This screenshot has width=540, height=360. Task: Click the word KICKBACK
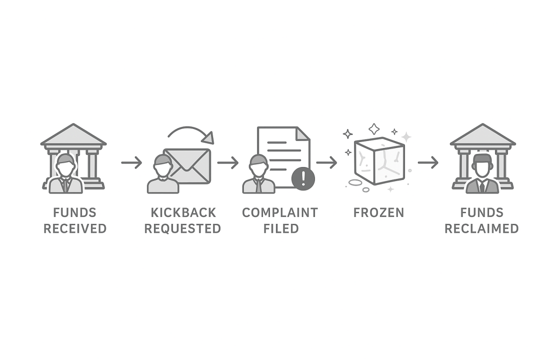click(x=183, y=212)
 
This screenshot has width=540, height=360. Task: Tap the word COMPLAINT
click(x=279, y=212)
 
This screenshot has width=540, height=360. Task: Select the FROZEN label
click(x=378, y=212)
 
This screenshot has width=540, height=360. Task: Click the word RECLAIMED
click(x=481, y=228)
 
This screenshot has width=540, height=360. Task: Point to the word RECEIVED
click(x=75, y=228)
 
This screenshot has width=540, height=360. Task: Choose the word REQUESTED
click(x=183, y=228)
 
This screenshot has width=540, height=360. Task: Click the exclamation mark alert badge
click(x=303, y=178)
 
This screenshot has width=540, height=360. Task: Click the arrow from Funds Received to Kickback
click(x=131, y=162)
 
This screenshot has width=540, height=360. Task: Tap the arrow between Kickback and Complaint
click(x=227, y=162)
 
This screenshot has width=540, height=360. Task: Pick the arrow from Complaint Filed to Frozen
click(x=326, y=162)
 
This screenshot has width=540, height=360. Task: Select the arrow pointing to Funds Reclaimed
click(x=428, y=162)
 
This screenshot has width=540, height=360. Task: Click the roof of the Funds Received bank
click(x=73, y=135)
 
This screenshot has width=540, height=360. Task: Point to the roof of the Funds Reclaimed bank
click(x=482, y=135)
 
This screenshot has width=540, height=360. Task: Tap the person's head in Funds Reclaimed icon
click(x=482, y=164)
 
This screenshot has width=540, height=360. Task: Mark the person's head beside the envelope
click(x=163, y=165)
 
